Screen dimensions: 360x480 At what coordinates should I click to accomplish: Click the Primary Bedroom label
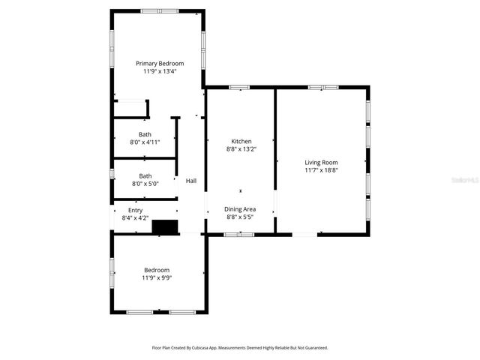point(159,64)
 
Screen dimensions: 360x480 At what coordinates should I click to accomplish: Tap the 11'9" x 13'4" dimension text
point(159,72)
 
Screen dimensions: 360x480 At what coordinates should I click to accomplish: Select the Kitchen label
point(241,141)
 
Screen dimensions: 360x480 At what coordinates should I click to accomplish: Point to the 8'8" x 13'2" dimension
point(241,149)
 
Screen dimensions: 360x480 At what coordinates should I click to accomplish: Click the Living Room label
point(321,163)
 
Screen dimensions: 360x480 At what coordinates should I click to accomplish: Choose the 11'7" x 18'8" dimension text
point(321,171)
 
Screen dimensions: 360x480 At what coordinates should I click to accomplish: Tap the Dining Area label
point(241,208)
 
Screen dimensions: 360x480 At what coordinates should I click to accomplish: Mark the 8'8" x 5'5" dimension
point(241,217)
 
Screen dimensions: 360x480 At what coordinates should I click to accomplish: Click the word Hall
point(191,181)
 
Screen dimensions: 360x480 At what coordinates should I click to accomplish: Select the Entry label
point(135,211)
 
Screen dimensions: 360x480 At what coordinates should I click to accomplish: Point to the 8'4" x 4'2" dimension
point(135,218)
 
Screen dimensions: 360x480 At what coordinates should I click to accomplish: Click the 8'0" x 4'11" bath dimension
point(145,142)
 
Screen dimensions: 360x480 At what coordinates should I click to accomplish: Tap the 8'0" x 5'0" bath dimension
point(145,184)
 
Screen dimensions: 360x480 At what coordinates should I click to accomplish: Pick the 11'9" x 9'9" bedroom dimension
point(157,278)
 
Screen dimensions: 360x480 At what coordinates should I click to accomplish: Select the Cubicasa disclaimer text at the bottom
point(240,348)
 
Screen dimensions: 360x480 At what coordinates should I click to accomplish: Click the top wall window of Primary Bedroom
point(160,11)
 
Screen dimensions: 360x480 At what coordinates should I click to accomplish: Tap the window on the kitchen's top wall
point(240,88)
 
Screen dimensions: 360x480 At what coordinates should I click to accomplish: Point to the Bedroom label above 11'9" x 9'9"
point(157,270)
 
